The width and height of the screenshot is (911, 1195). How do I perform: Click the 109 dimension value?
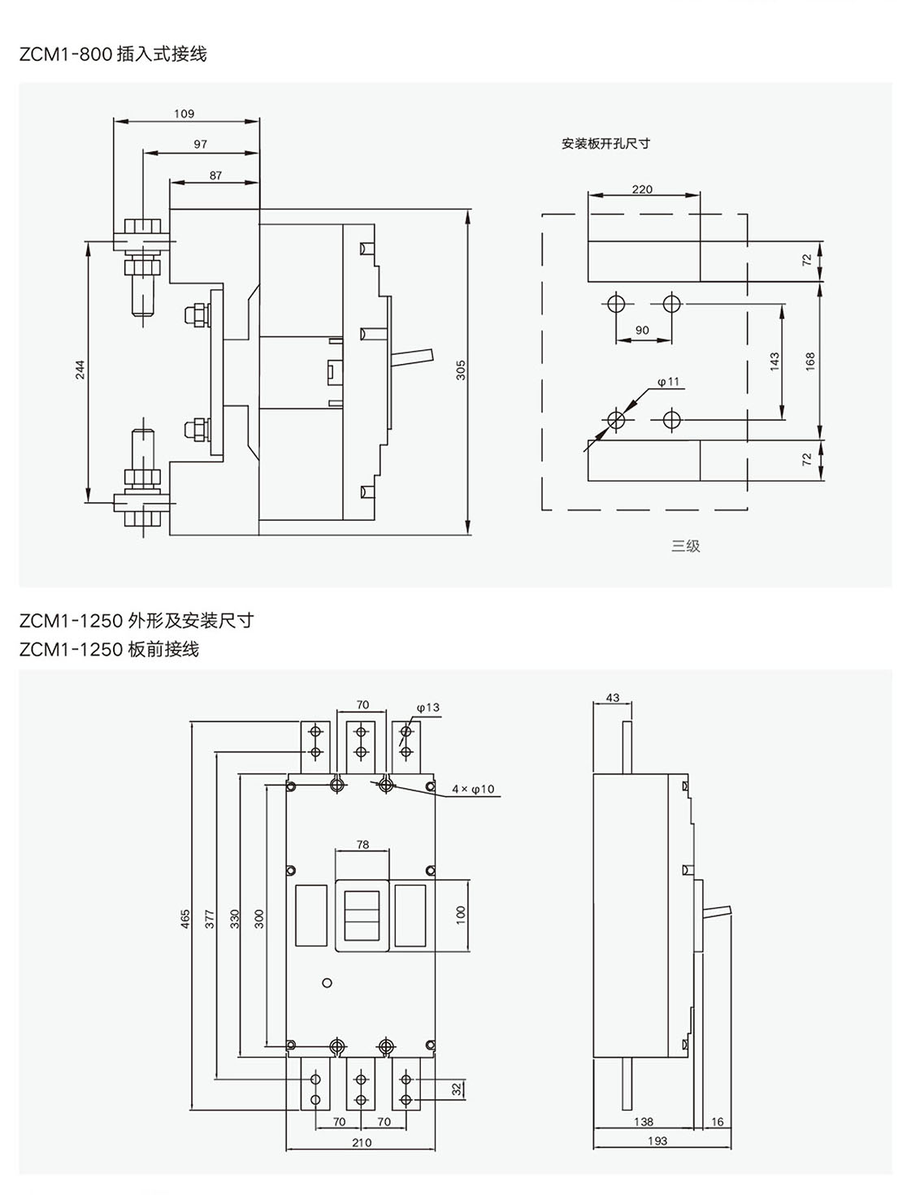[x=184, y=115]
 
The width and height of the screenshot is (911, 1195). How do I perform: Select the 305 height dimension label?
[x=461, y=370]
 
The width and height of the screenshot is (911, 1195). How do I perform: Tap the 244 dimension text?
[x=80, y=370]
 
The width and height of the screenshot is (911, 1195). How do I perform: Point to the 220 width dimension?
[x=642, y=189]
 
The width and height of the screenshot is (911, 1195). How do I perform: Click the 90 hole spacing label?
[x=642, y=330]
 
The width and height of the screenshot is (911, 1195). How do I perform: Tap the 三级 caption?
[x=685, y=546]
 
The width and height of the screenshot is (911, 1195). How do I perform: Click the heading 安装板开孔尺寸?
[x=606, y=144]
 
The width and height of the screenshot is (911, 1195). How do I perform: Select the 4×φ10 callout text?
[x=473, y=789]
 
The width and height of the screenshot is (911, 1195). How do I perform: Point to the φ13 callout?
[x=427, y=708]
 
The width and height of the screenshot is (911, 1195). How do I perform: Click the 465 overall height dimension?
[x=185, y=918]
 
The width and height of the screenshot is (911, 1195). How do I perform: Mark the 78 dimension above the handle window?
[x=362, y=845]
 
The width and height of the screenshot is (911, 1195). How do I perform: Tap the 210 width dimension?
[x=362, y=1142]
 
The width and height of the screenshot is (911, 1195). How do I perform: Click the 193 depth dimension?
[x=658, y=1141]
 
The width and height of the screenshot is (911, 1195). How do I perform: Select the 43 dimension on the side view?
[x=613, y=698]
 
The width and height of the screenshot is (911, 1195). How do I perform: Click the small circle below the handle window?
[x=328, y=982]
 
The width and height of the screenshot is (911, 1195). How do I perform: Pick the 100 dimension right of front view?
[x=461, y=913]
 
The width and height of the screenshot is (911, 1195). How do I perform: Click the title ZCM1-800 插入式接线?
[x=114, y=54]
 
